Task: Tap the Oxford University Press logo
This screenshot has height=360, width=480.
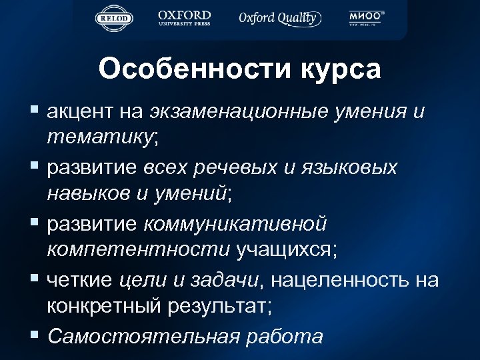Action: click(185, 18)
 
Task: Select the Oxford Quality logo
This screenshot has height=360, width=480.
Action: click(279, 18)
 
